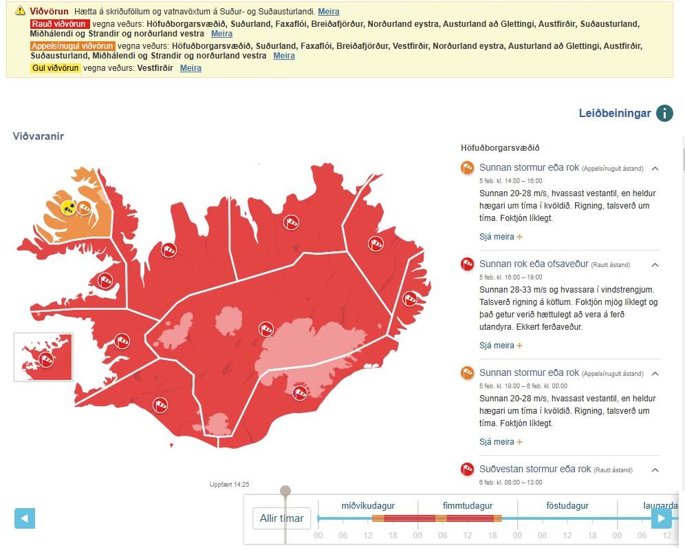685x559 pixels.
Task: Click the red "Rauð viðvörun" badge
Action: (60, 24)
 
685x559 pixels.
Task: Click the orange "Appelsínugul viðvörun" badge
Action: (73, 46)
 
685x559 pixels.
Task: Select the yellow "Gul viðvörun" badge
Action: (56, 68)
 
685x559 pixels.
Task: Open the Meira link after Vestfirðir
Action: (191, 68)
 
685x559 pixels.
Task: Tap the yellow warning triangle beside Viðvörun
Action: (21, 11)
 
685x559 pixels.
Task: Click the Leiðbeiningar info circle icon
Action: (664, 114)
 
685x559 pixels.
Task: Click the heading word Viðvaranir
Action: (39, 136)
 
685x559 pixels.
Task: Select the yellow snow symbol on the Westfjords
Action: (68, 208)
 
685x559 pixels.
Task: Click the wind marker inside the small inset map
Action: (46, 359)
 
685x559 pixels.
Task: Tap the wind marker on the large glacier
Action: (299, 392)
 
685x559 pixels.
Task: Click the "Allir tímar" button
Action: (282, 518)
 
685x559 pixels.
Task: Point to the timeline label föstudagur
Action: (567, 506)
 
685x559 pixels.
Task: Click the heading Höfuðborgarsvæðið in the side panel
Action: (500, 148)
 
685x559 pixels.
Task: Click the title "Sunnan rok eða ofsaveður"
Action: (534, 264)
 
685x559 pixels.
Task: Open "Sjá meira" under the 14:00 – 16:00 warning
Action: (501, 237)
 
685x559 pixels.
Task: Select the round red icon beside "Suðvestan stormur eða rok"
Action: (468, 470)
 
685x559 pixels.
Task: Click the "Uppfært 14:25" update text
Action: (230, 485)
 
